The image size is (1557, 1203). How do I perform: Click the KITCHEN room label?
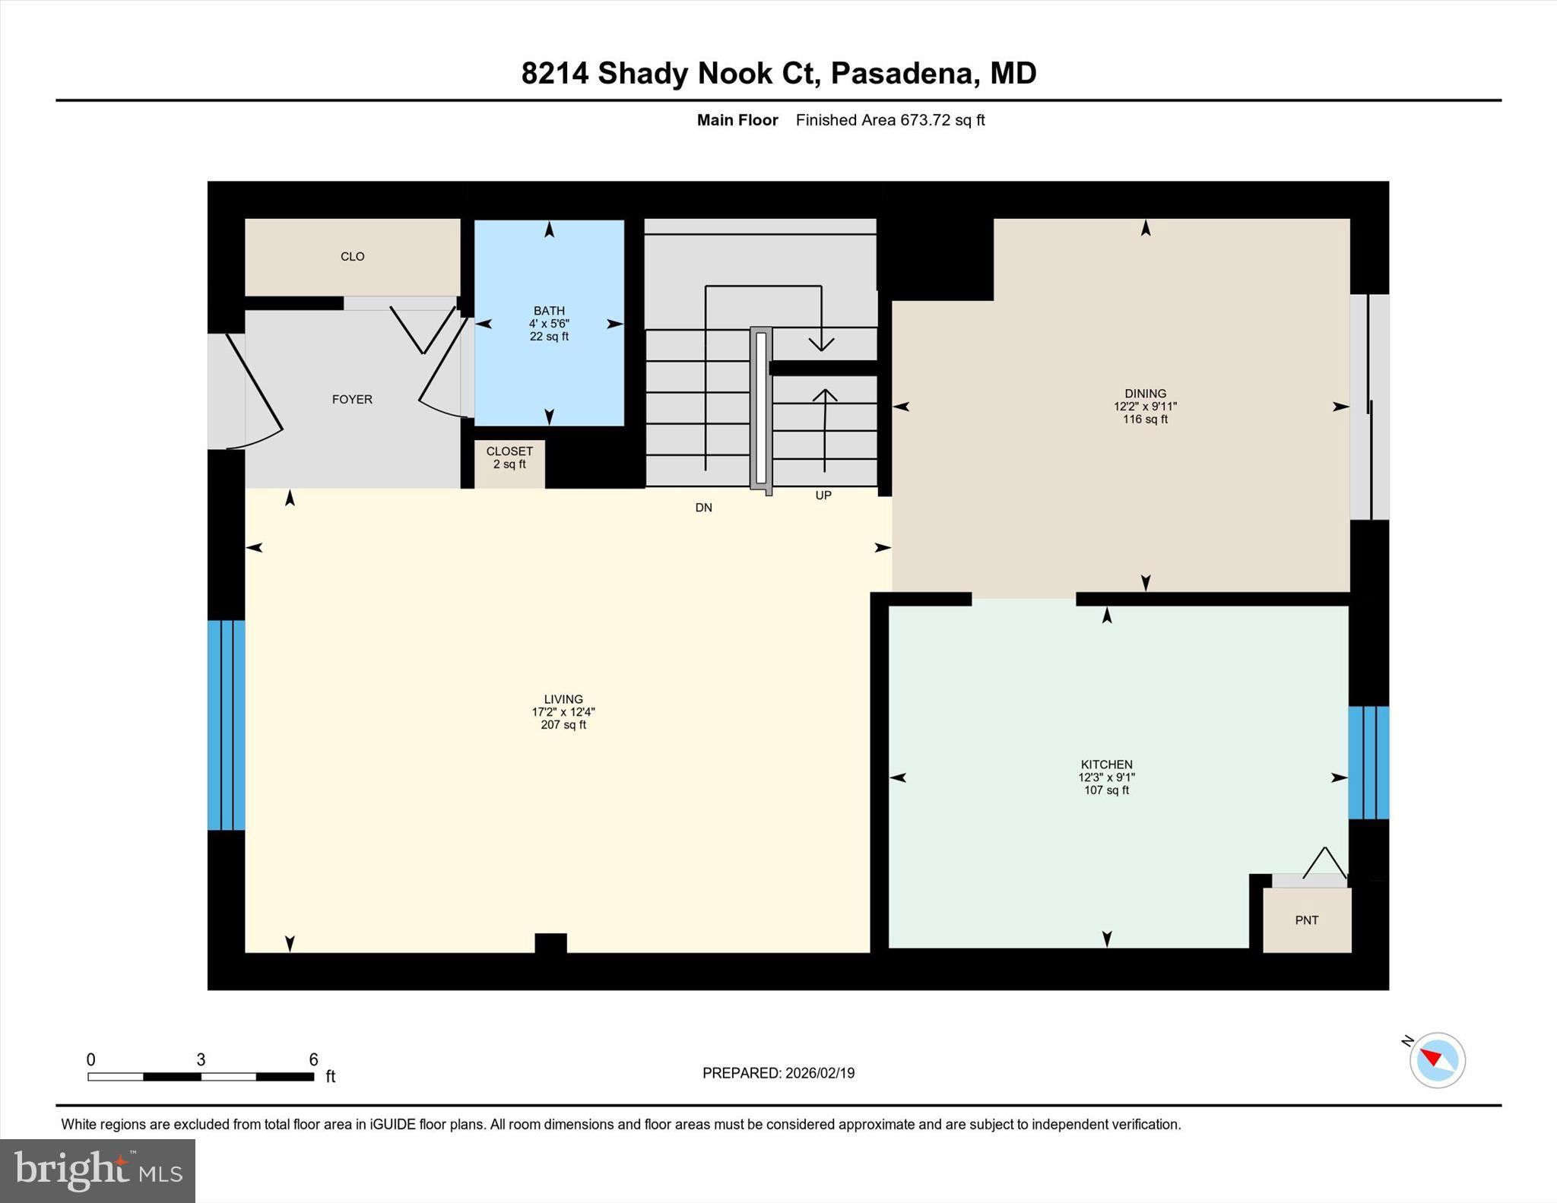pos(1106,765)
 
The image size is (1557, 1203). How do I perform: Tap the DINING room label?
pos(1145,394)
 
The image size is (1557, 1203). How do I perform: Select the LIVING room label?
pos(563,699)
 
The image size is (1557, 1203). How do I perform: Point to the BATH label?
pos(549,311)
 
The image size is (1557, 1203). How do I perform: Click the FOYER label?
pos(352,400)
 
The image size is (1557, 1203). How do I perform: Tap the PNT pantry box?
pos(1306,920)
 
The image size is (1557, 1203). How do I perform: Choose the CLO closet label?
pos(352,257)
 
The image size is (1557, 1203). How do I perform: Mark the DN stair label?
pos(703,508)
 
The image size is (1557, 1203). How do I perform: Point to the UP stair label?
pos(823,495)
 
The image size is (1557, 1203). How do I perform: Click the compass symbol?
pos(1437,1060)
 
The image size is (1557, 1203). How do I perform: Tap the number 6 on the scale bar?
pos(313,1059)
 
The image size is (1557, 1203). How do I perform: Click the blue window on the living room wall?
pos(227,725)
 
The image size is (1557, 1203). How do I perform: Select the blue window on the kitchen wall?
pos(1368,762)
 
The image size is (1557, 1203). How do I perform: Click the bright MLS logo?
pos(97,1170)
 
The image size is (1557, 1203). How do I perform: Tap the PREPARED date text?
pos(778,1073)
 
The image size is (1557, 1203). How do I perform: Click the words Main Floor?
pos(737,120)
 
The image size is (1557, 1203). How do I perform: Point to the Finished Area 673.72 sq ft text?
pos(889,120)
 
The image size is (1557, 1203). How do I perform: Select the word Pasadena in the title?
pos(902,74)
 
